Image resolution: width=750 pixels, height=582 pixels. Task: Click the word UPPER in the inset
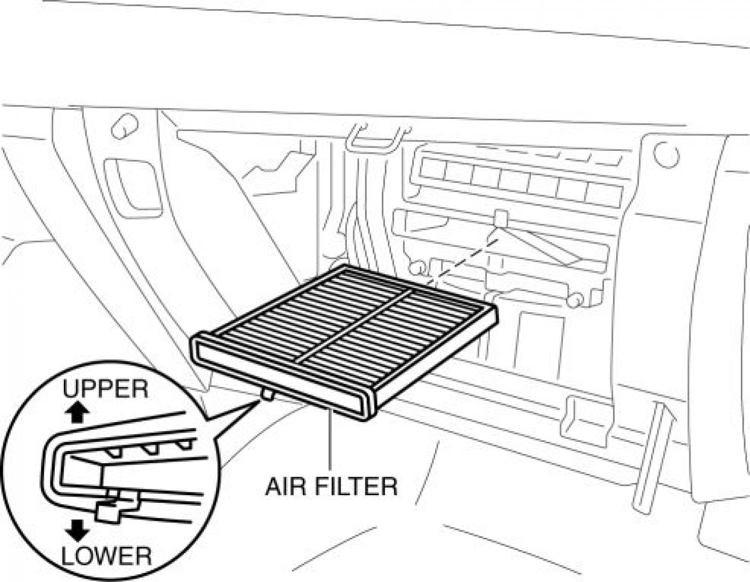point(105,389)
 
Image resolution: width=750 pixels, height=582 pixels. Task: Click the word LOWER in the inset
point(106,556)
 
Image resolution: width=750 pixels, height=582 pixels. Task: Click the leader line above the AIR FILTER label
point(330,438)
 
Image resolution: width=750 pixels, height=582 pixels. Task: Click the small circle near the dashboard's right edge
point(666,155)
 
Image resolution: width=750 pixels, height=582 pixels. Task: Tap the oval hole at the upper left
point(125,126)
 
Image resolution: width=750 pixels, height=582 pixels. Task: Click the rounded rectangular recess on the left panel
point(133,184)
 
